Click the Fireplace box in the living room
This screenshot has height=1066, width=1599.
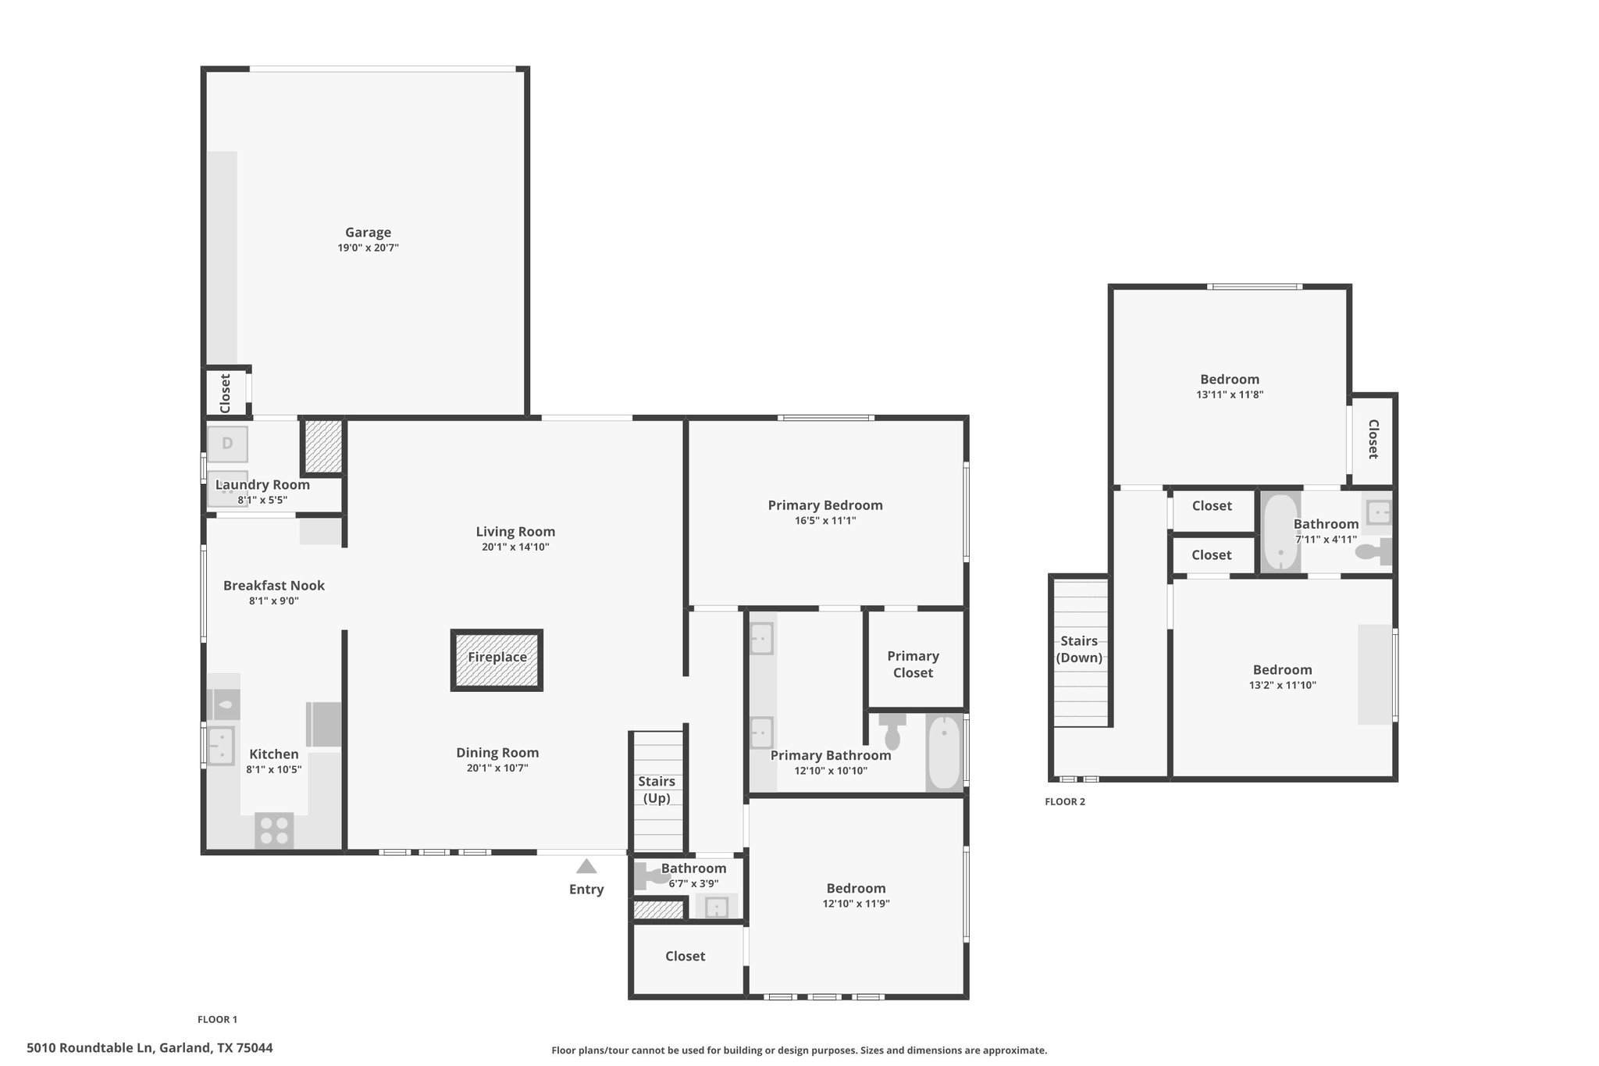tap(497, 660)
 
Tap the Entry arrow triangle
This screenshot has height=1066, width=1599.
tap(586, 866)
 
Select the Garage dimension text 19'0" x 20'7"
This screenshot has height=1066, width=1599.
tap(368, 248)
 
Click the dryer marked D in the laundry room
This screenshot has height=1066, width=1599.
tap(227, 444)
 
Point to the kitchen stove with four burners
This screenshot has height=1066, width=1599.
tap(274, 830)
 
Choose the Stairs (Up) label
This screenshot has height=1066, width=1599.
tap(657, 790)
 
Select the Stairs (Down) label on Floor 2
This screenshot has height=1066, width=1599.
tap(1079, 649)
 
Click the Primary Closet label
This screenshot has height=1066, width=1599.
tap(913, 665)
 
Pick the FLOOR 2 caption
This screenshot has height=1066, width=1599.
tap(1065, 801)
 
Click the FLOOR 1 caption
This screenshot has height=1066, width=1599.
tap(217, 1019)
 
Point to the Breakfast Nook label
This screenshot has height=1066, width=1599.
tap(274, 586)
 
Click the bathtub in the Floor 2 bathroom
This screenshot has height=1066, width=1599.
tap(1280, 533)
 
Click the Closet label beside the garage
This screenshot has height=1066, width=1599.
tap(226, 394)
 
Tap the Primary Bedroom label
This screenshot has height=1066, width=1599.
tap(825, 505)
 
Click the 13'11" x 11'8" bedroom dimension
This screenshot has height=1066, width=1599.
tap(1230, 394)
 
